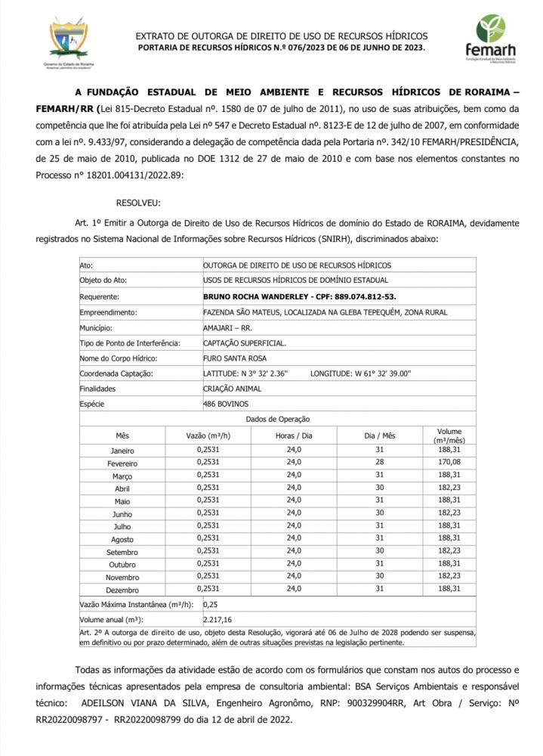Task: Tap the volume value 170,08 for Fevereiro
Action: (x=449, y=463)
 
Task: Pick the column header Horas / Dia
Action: (x=294, y=436)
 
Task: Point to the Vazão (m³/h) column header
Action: (x=208, y=436)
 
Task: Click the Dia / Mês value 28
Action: (x=379, y=463)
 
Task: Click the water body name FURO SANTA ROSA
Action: (x=235, y=358)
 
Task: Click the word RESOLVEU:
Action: (x=138, y=203)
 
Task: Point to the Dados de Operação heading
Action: (x=277, y=420)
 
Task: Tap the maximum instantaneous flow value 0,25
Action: (x=211, y=605)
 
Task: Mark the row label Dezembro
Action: (x=122, y=589)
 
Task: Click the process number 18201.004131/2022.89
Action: (x=131, y=175)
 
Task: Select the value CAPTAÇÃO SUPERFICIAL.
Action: (x=244, y=343)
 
